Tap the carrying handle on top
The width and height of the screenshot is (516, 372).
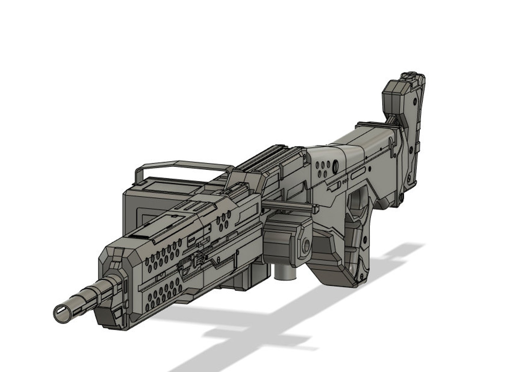(x=182, y=164)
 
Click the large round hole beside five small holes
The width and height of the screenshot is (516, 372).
(x=336, y=167)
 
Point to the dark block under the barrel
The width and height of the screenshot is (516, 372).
(x=109, y=317)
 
